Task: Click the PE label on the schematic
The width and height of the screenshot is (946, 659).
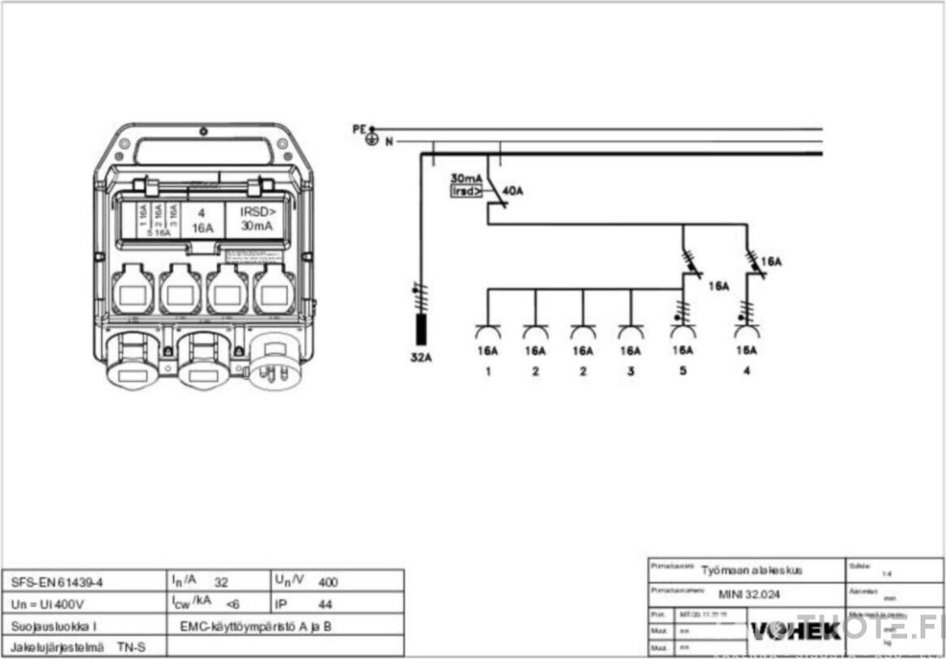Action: (358, 128)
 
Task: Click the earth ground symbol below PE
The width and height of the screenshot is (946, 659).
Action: (372, 141)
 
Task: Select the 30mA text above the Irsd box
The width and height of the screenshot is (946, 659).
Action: (466, 178)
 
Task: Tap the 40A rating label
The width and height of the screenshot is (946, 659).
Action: (513, 191)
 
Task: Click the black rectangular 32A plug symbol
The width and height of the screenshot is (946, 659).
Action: (421, 327)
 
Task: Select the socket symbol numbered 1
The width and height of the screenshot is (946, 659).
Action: (487, 332)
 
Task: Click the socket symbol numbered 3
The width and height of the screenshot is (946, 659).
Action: (631, 332)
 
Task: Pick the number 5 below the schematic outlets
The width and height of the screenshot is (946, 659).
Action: (683, 371)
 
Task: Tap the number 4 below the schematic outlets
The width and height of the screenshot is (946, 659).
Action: (747, 371)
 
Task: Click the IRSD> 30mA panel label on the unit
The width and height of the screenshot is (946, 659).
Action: (256, 219)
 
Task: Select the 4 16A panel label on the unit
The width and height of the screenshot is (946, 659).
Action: (202, 219)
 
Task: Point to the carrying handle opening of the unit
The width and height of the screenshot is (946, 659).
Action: (203, 151)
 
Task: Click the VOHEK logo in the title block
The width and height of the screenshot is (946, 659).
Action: (783, 630)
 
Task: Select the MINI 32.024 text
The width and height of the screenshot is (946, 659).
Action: (749, 595)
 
